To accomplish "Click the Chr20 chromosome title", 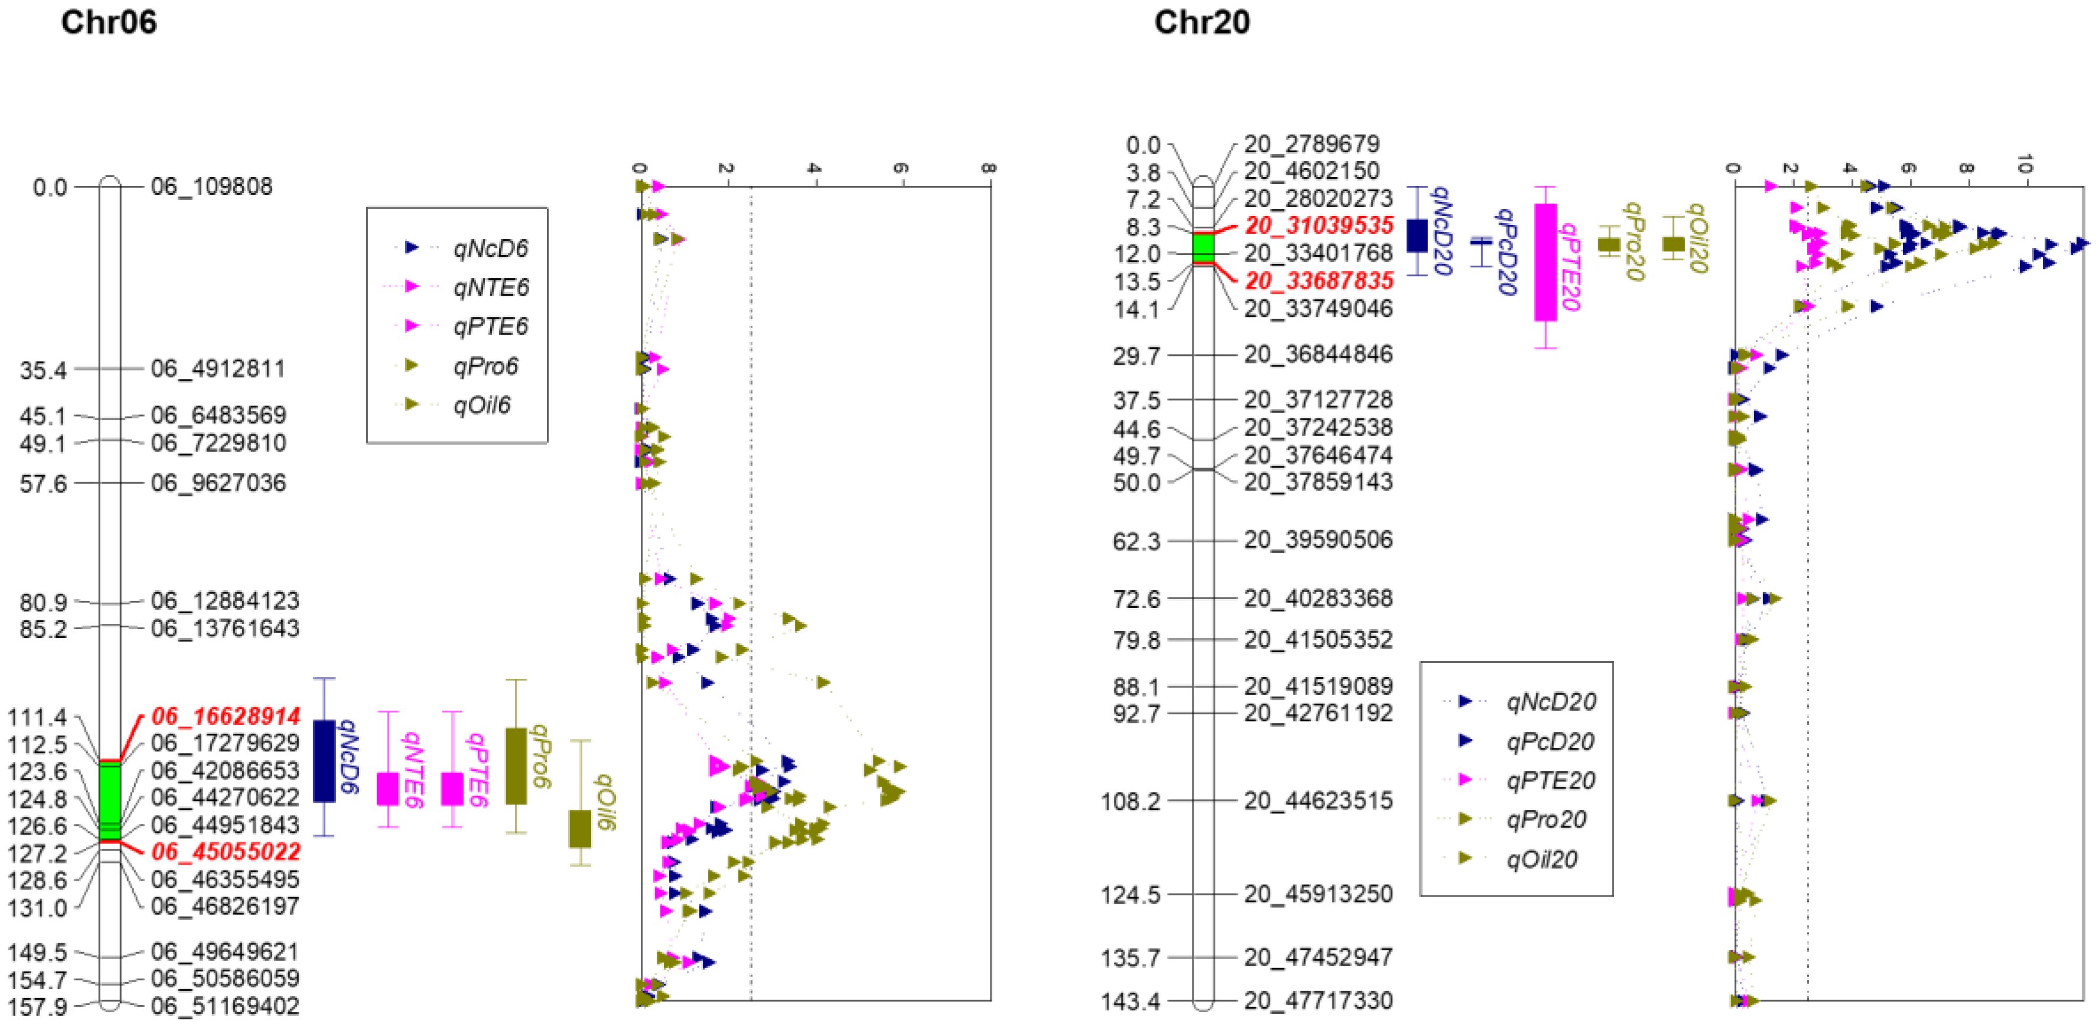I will (x=1202, y=22).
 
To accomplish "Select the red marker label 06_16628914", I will (x=226, y=716).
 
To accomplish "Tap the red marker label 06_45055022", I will (x=226, y=852).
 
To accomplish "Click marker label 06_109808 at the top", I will (x=212, y=187).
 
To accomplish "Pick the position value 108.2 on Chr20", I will (x=1130, y=802).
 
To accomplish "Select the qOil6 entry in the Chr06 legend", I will (x=481, y=405).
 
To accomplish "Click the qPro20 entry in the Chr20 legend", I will (x=1546, y=819).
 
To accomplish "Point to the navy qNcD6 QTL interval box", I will (x=324, y=761).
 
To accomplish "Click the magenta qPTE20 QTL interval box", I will (x=1545, y=262).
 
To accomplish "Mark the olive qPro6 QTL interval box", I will (x=516, y=766).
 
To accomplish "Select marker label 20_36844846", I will (x=1318, y=354).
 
